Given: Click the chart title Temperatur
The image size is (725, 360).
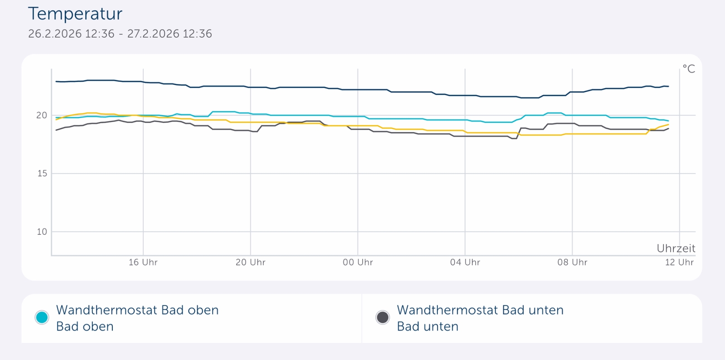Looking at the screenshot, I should (75, 14).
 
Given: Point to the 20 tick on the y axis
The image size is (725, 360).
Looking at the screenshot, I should (42, 116).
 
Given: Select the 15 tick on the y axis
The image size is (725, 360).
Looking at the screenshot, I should (42, 174).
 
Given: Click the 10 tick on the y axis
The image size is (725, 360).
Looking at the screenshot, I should (42, 232).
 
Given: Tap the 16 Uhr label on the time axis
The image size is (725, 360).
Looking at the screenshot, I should (143, 263).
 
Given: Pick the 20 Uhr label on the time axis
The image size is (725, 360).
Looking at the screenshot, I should (251, 263).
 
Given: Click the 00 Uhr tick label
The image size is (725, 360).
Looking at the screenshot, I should (358, 263).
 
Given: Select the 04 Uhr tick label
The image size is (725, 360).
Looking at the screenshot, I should (465, 263).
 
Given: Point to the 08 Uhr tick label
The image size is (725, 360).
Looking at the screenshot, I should (572, 263).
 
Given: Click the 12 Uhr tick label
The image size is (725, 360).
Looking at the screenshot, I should (679, 263).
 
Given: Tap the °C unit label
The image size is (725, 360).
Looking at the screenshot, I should (689, 69).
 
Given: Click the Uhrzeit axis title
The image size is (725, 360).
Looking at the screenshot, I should (676, 248).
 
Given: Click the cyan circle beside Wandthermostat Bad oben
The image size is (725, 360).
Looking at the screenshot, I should (42, 317).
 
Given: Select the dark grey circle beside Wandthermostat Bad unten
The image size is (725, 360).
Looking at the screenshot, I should (382, 317).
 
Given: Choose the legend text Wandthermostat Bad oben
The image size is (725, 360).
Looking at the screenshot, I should (137, 310).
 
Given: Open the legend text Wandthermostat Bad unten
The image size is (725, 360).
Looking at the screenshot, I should (480, 310).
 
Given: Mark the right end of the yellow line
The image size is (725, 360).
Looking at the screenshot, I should (668, 125).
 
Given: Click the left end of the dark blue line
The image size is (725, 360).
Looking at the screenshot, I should (56, 82).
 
